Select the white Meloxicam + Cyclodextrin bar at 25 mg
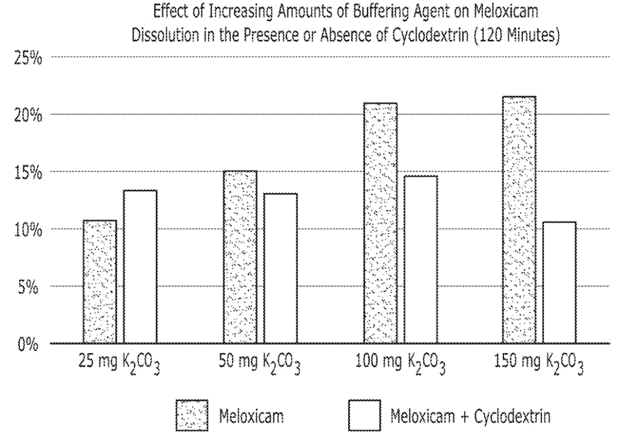pyautogui.click(x=140, y=267)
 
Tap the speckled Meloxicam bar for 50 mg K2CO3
pyautogui.click(x=240, y=257)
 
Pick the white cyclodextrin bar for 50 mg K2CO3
pyautogui.click(x=280, y=268)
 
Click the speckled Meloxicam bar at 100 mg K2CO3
pyautogui.click(x=380, y=223)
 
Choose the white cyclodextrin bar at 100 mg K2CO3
pyautogui.click(x=421, y=259)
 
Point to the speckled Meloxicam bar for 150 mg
pyautogui.click(x=519, y=220)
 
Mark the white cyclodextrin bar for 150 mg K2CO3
pyautogui.click(x=560, y=282)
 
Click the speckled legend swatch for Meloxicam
pyautogui.click(x=192, y=416)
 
